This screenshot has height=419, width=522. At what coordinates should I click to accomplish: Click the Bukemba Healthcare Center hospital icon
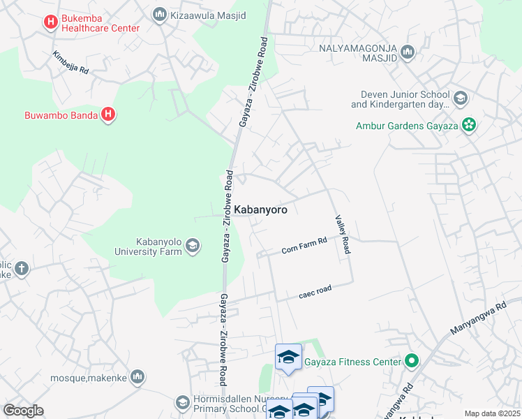[50, 22]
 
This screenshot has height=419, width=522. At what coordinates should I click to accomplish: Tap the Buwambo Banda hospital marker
[108, 115]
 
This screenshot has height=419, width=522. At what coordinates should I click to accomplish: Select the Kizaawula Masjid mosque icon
[159, 14]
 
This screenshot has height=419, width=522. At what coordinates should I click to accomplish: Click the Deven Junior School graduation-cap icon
[460, 98]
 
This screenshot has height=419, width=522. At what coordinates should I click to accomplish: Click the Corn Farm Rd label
[304, 246]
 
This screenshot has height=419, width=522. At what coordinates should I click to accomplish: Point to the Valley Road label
[342, 235]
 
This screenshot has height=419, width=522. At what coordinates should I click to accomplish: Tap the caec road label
[315, 291]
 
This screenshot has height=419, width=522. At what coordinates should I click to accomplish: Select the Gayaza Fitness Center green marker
[412, 361]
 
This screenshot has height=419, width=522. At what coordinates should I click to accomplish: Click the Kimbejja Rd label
[70, 62]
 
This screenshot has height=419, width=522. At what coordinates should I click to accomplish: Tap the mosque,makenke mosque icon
[137, 376]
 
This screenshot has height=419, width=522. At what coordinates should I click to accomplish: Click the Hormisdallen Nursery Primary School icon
[182, 402]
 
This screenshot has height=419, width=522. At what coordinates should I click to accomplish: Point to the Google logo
[23, 411]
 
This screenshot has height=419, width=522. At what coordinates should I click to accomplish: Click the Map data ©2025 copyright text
[491, 413]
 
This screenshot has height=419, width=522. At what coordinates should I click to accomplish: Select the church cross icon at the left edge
[21, 268]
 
